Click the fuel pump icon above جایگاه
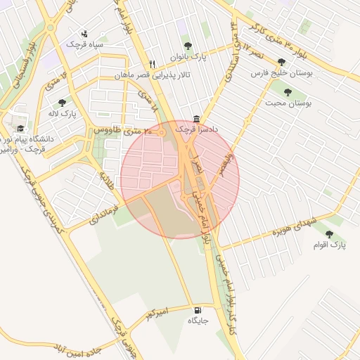coord(195,310)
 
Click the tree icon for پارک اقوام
coord(329,234)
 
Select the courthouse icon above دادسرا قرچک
coord(196,120)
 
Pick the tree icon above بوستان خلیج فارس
coord(281,63)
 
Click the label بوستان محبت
coord(288,103)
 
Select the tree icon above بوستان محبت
coord(287,91)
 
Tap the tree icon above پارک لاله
coord(63,103)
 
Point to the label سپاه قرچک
coord(85,44)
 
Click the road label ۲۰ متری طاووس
coord(124,131)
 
